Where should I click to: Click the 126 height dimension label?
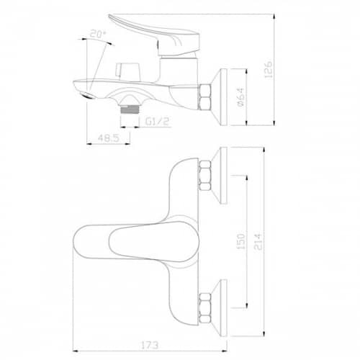click(269, 69)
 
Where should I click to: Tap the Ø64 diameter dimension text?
click(240, 96)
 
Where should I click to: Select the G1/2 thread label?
click(157, 122)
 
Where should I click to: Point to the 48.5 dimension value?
click(109, 138)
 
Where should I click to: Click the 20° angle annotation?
click(98, 34)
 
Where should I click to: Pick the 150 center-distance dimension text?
click(241, 241)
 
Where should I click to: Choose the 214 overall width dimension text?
click(258, 241)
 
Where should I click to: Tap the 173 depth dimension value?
click(150, 346)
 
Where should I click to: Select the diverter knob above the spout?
click(127, 70)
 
